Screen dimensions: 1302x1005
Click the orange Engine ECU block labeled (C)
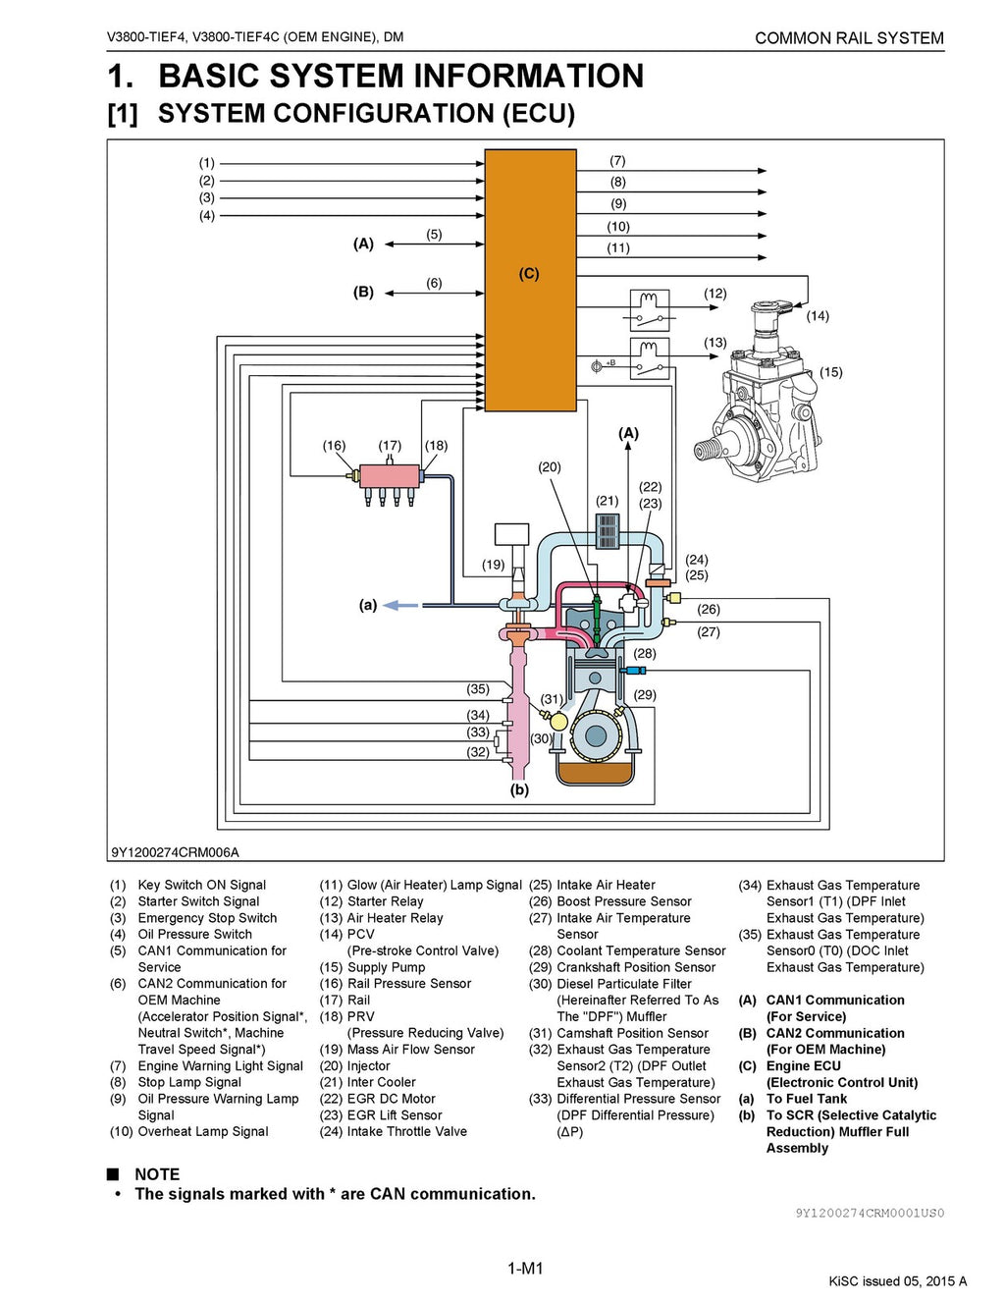pyautogui.click(x=530, y=280)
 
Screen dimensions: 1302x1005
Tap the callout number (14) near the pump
pyautogui.click(x=818, y=316)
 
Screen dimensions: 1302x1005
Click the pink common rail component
pyautogui.click(x=389, y=477)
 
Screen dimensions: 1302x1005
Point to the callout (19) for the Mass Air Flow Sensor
pyautogui.click(x=493, y=565)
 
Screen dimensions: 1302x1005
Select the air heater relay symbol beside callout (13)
pyautogui.click(x=649, y=357)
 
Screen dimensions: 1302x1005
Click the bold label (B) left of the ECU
pyautogui.click(x=363, y=293)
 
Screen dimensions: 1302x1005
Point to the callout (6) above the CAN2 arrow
pyautogui.click(x=434, y=283)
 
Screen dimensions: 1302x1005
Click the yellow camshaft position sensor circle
pyautogui.click(x=558, y=722)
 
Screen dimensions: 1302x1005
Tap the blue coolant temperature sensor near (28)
pyautogui.click(x=635, y=670)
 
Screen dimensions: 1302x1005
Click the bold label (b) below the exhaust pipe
pyautogui.click(x=519, y=789)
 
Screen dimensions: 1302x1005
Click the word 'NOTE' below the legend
pyautogui.click(x=157, y=1174)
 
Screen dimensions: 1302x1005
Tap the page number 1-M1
pyautogui.click(x=525, y=1269)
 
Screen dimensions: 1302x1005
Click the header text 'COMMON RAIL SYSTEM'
pyautogui.click(x=849, y=38)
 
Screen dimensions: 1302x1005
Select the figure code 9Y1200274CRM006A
pyautogui.click(x=175, y=852)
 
